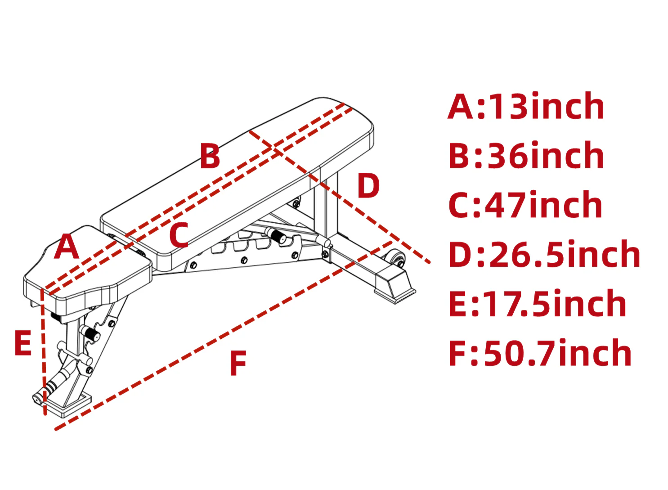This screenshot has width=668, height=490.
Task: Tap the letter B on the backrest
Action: tap(210, 156)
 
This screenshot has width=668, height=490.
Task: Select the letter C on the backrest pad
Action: tap(179, 235)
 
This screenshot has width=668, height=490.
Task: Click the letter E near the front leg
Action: tap(23, 343)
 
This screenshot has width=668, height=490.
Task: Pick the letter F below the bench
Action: tap(238, 363)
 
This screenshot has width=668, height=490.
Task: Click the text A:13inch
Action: tap(526, 106)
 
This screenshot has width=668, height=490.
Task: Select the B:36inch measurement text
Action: tap(527, 155)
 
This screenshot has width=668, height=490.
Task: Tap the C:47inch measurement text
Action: tap(525, 205)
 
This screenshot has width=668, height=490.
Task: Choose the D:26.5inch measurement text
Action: tap(545, 254)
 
